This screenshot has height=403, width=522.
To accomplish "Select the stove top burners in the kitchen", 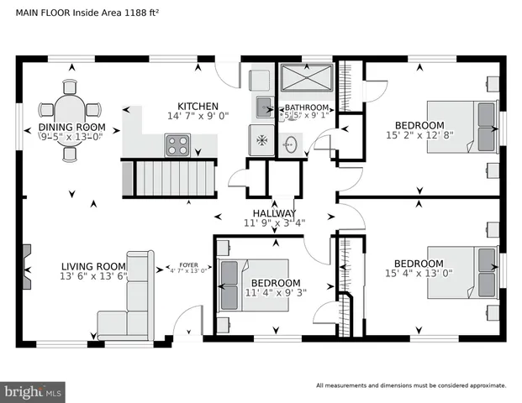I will tap(179, 146).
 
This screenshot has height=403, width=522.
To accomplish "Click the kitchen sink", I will tap(264, 105).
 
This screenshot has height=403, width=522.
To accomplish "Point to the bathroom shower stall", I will tap(307, 81).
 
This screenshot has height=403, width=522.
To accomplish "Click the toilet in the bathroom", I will tap(290, 144).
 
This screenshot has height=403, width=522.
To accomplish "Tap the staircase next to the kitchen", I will tap(165, 178).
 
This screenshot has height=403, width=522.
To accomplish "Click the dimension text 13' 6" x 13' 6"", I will tap(92, 275).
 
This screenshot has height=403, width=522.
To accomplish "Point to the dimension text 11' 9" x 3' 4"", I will tap(273, 223).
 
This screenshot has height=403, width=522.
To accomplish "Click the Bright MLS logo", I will tap(34, 391).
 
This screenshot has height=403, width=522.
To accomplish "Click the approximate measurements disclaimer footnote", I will tap(411, 386).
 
